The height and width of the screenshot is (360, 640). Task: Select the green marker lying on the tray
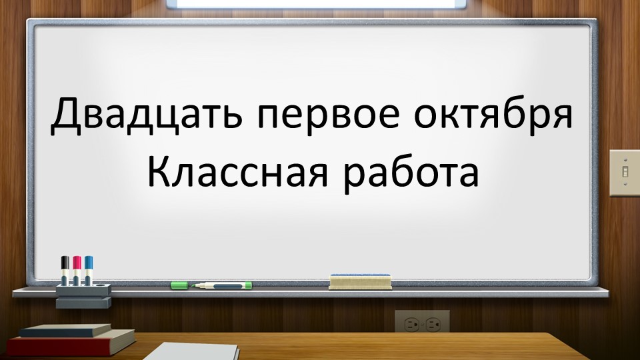tap(223, 285)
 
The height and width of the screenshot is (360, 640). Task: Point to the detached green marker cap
tap(180, 285)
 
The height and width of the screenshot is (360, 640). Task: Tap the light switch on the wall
tap(625, 172)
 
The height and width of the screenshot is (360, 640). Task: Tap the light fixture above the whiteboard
tap(320, 3)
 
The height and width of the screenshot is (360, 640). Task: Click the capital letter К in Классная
tap(159, 171)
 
